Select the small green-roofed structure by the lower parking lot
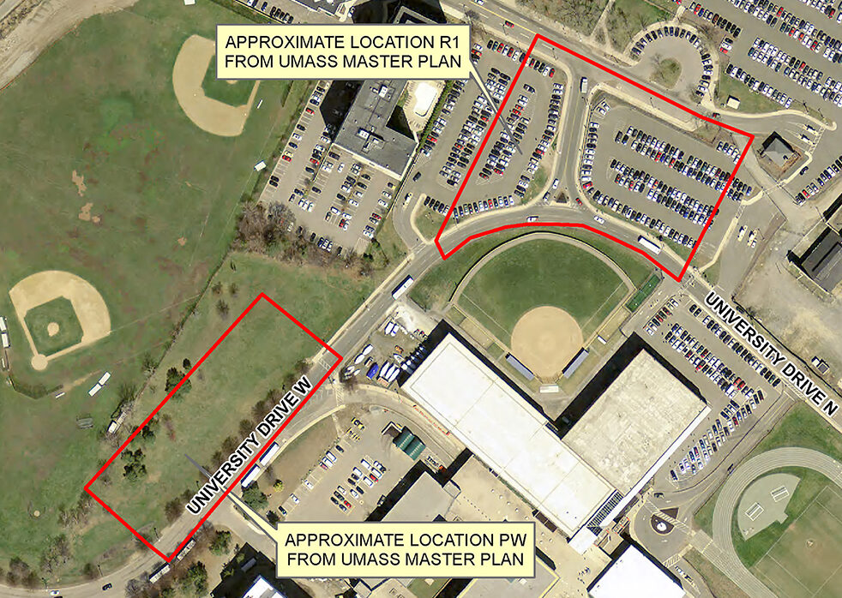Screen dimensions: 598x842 (410, 443)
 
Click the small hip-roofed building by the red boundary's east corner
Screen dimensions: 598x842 (778, 152)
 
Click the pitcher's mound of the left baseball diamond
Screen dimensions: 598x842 (53, 329)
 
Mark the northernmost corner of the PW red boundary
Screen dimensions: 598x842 (262, 296)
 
